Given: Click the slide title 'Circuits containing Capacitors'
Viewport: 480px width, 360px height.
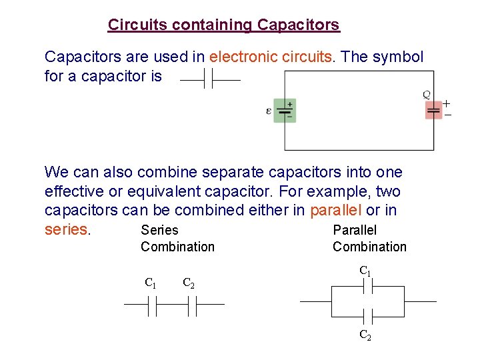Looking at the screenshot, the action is pos(223,25).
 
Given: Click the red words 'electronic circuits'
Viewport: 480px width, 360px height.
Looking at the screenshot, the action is pos(270,57).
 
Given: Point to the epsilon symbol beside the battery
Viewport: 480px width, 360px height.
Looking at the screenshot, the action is pos(269,111).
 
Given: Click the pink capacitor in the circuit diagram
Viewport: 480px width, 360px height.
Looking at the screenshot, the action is pos(433,110).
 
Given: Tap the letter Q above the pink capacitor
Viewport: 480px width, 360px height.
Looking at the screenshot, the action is pos(427,95).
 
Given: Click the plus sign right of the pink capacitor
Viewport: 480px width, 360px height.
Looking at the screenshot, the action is pos(447,103).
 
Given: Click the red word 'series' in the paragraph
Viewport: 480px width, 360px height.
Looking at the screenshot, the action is pos(67,229).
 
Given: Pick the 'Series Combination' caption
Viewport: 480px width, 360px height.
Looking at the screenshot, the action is pos(177,238).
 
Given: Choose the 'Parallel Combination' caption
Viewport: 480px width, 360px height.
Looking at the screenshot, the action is pos(369,238).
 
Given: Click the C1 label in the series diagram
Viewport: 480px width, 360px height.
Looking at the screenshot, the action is pos(151,283).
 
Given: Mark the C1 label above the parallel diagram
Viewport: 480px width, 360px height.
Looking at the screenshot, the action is pos(365,271).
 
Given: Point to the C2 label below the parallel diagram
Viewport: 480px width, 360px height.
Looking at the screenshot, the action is pos(365,335).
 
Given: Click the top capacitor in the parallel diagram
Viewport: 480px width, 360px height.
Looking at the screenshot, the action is pos(367,287).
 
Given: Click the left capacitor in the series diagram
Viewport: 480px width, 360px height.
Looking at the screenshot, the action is pos(152,305).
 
